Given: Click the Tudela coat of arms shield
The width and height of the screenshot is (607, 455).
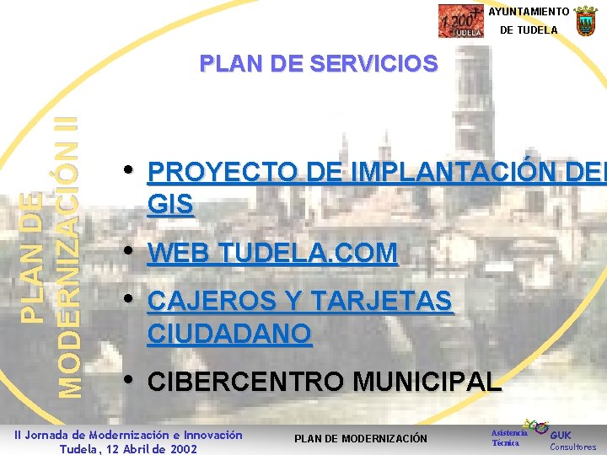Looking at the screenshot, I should pyautogui.click(x=585, y=20).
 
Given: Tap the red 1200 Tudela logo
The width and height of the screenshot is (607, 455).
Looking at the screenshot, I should pyautogui.click(x=461, y=21).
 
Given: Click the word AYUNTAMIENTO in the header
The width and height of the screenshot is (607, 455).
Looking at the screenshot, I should pyautogui.click(x=529, y=12).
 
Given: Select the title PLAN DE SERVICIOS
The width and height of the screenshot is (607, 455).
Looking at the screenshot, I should pyautogui.click(x=319, y=63).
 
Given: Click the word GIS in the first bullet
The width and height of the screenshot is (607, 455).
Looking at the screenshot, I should pyautogui.click(x=169, y=205).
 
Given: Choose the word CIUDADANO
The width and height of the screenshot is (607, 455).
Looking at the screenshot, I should pyautogui.click(x=229, y=333).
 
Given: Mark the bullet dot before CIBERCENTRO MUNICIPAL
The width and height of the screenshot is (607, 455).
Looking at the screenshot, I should pyautogui.click(x=128, y=379).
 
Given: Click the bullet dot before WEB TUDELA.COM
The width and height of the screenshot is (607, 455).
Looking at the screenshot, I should pyautogui.click(x=128, y=250).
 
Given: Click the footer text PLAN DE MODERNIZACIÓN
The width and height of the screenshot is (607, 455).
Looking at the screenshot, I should pyautogui.click(x=360, y=438).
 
